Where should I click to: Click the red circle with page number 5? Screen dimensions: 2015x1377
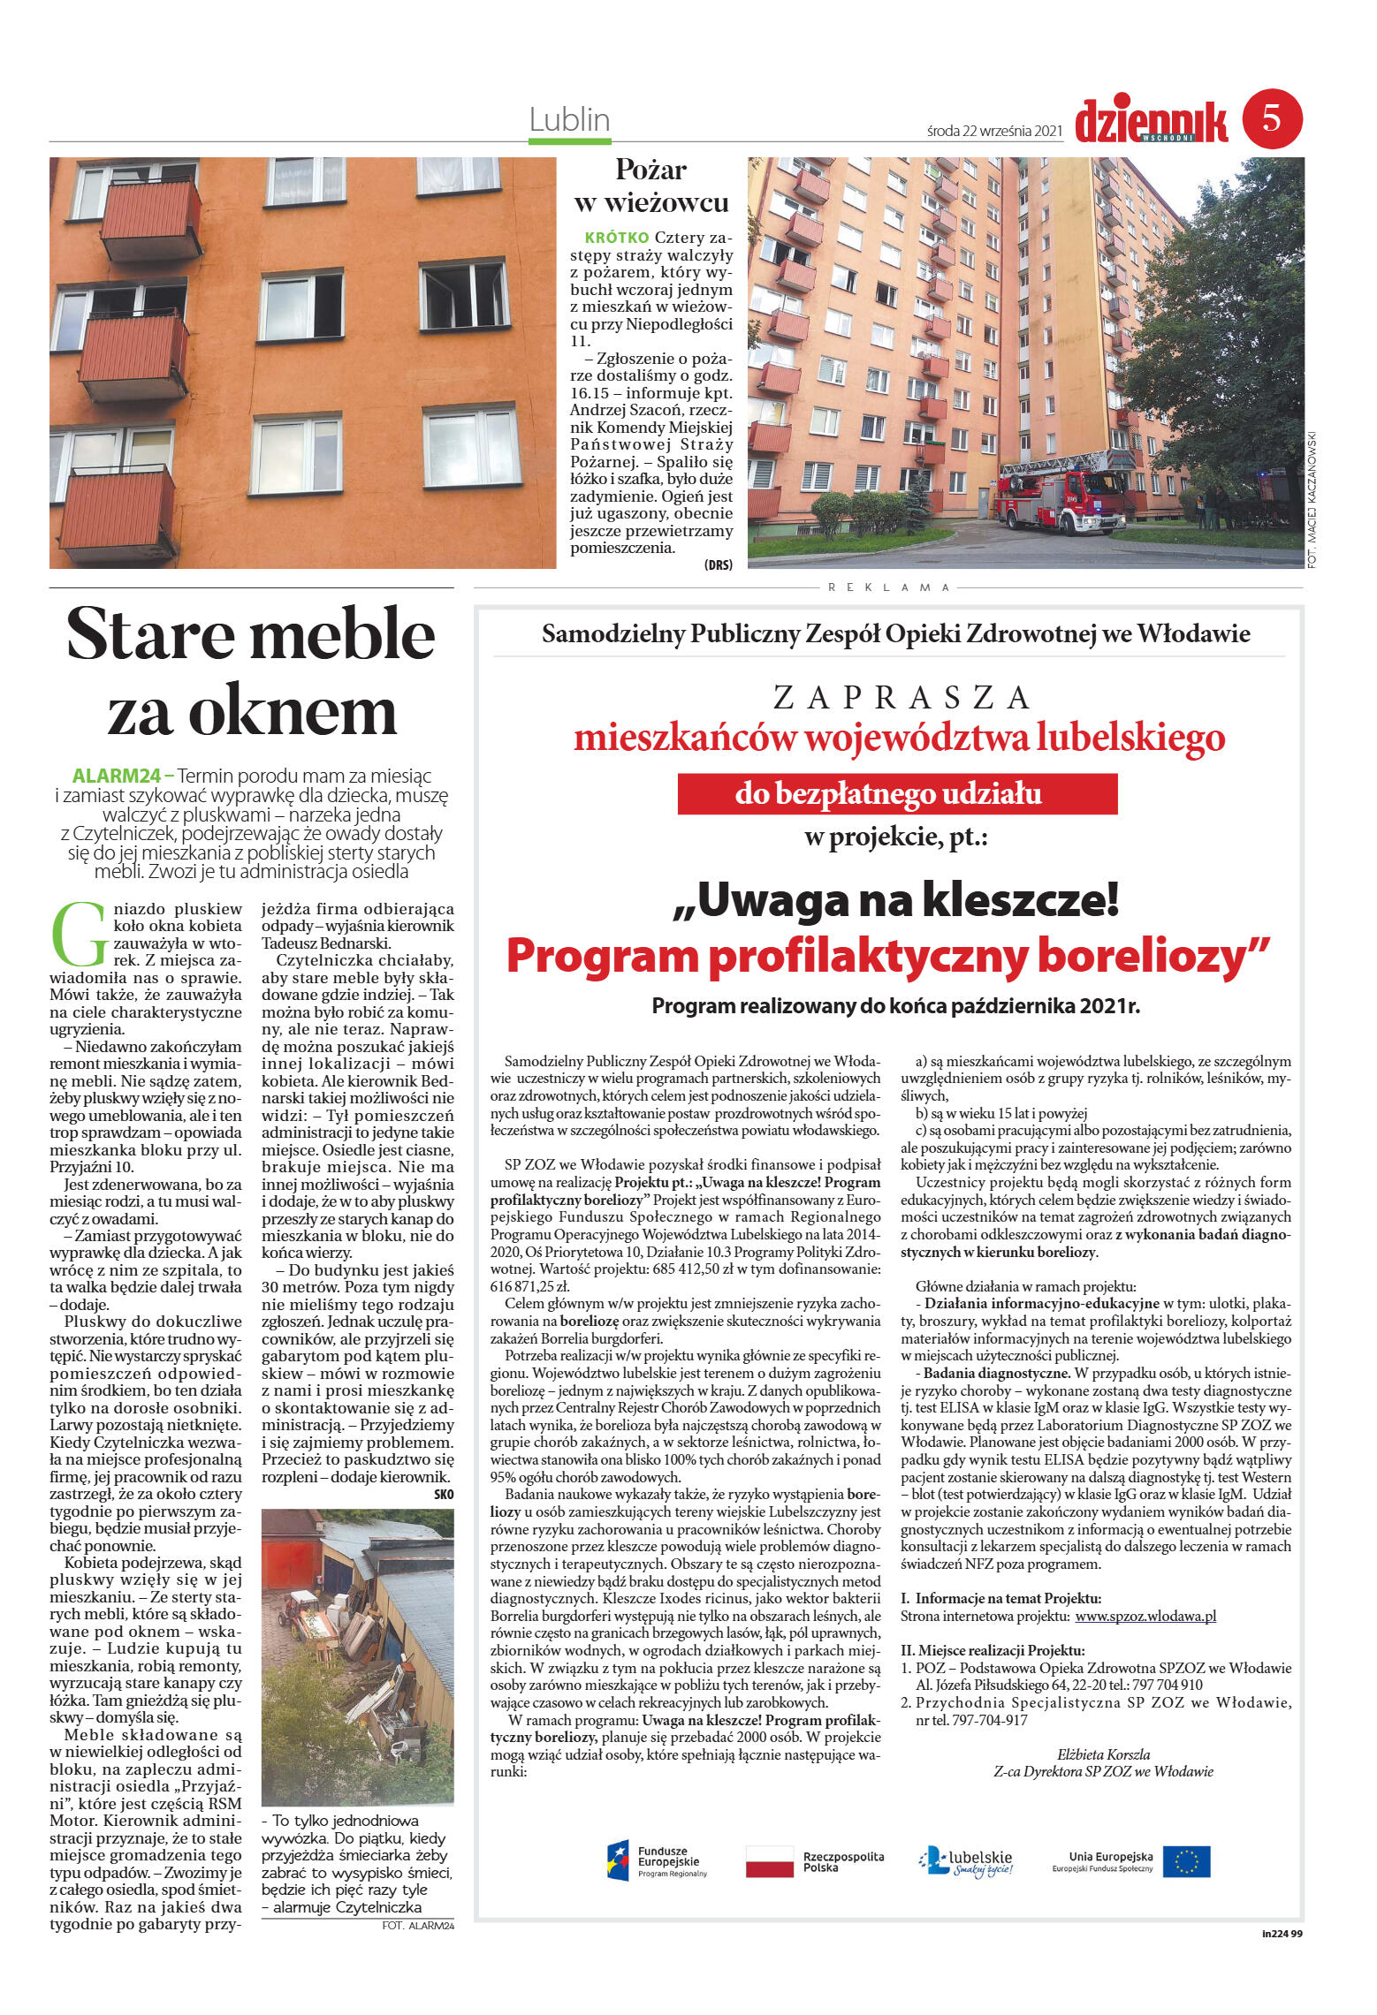(x=1272, y=117)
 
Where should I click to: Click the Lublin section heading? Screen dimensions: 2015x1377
(x=569, y=119)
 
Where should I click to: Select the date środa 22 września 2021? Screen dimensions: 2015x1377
(x=993, y=131)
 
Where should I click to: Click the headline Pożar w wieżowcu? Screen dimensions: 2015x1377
(x=650, y=186)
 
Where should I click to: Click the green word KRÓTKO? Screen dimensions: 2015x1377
(x=617, y=238)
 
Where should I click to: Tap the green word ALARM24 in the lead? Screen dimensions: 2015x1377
(x=117, y=776)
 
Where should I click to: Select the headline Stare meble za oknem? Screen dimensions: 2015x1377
(x=251, y=672)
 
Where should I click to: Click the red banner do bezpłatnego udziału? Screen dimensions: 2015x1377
(x=896, y=793)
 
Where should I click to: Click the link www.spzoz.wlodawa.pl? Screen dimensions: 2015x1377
(x=1145, y=1617)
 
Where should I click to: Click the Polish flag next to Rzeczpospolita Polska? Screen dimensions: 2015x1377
(x=769, y=1861)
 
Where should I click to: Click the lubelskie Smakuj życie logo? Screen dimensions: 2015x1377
(x=965, y=1861)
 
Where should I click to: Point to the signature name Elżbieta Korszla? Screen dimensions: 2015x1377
(x=1103, y=1754)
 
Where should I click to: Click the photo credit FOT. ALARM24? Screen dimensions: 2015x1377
(x=417, y=1926)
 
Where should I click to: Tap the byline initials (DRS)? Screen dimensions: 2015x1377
(x=718, y=565)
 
